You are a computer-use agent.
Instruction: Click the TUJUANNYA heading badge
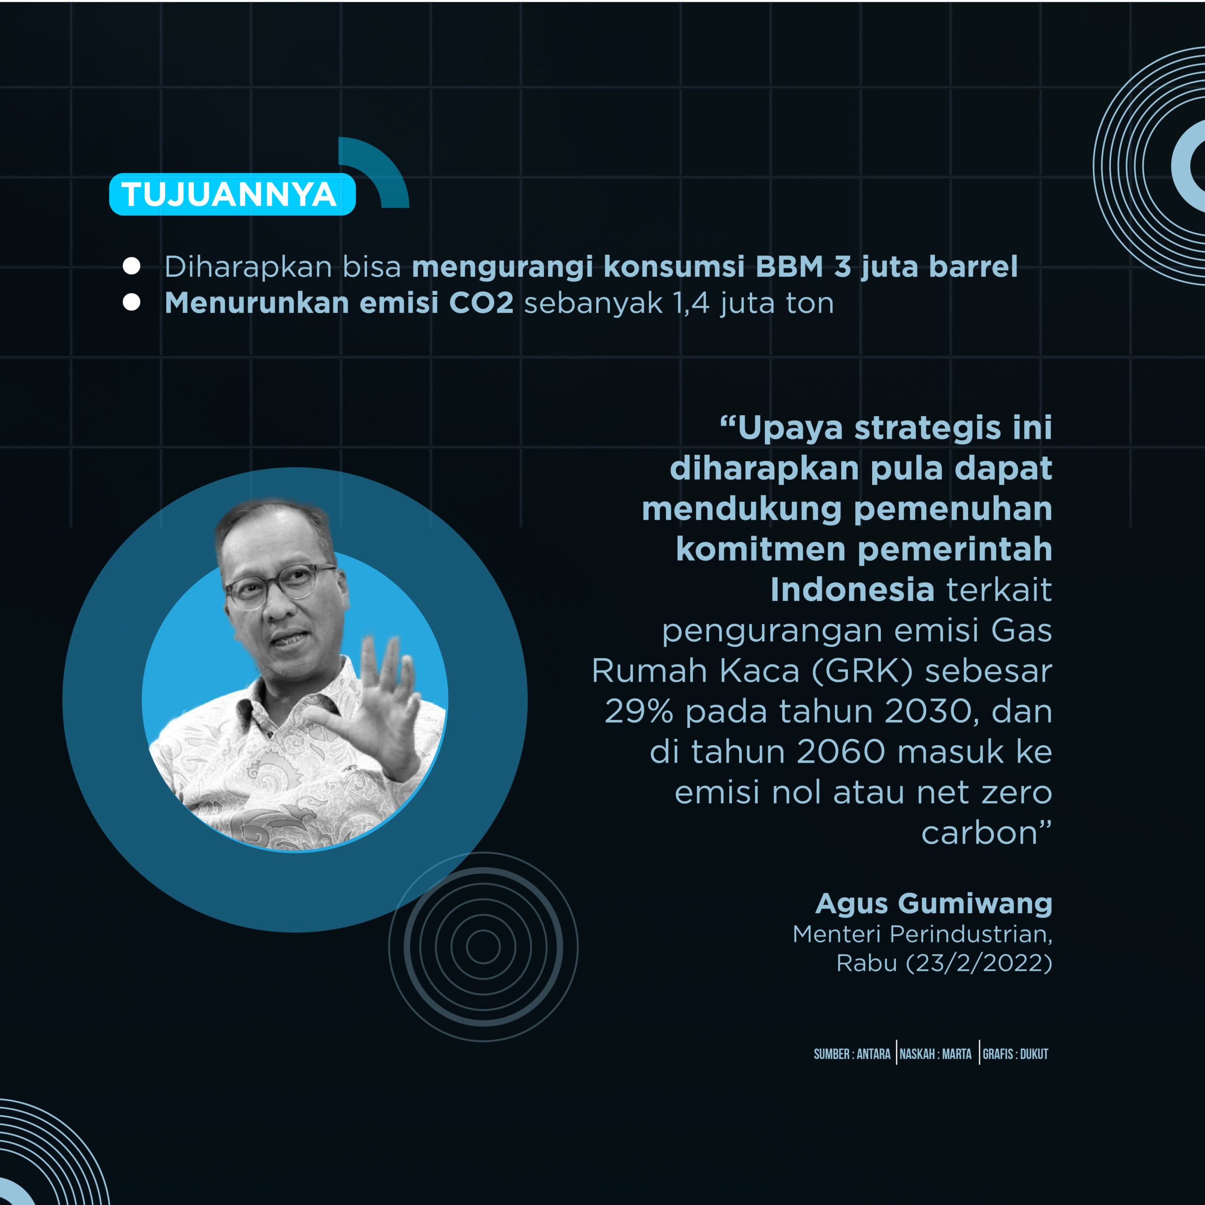(232, 194)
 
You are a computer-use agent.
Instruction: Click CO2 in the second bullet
(481, 303)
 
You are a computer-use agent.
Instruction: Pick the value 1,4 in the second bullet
(691, 304)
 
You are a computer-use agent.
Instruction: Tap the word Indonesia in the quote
(852, 589)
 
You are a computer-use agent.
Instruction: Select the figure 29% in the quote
(639, 711)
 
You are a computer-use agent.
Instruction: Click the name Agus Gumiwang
(934, 903)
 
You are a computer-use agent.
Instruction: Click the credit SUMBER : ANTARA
(852, 1054)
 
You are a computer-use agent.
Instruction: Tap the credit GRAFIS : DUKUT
(1015, 1054)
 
